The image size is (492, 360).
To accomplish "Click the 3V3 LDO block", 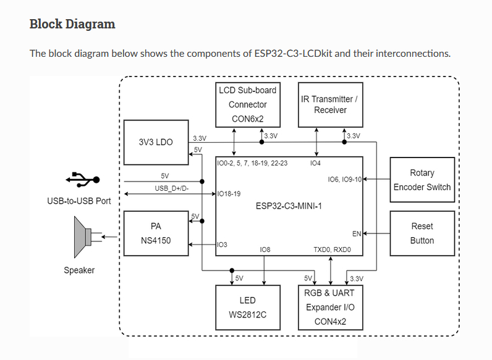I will point(156,142).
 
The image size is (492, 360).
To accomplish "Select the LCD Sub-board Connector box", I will point(247,104).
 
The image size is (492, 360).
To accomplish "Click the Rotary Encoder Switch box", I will point(422,180).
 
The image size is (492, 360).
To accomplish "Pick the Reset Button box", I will point(422,233).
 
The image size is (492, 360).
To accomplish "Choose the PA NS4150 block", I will point(156,233).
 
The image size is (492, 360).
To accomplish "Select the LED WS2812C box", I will point(247,307).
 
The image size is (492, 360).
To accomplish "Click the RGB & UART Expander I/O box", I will point(330,307).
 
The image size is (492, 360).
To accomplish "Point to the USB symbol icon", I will point(82,180).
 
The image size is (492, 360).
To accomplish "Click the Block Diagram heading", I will point(72,24).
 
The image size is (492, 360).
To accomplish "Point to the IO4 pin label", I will point(315,164).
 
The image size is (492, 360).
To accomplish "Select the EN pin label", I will point(356,234).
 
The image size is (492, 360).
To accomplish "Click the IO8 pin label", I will point(265,249).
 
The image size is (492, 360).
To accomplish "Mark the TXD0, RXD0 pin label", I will point(332,249).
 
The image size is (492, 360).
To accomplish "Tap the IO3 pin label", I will point(223,245).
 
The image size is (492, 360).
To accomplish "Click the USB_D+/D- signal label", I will point(171,188).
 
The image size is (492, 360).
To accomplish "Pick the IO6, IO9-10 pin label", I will point(344,180).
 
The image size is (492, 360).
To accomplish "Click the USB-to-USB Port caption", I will point(79,201).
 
